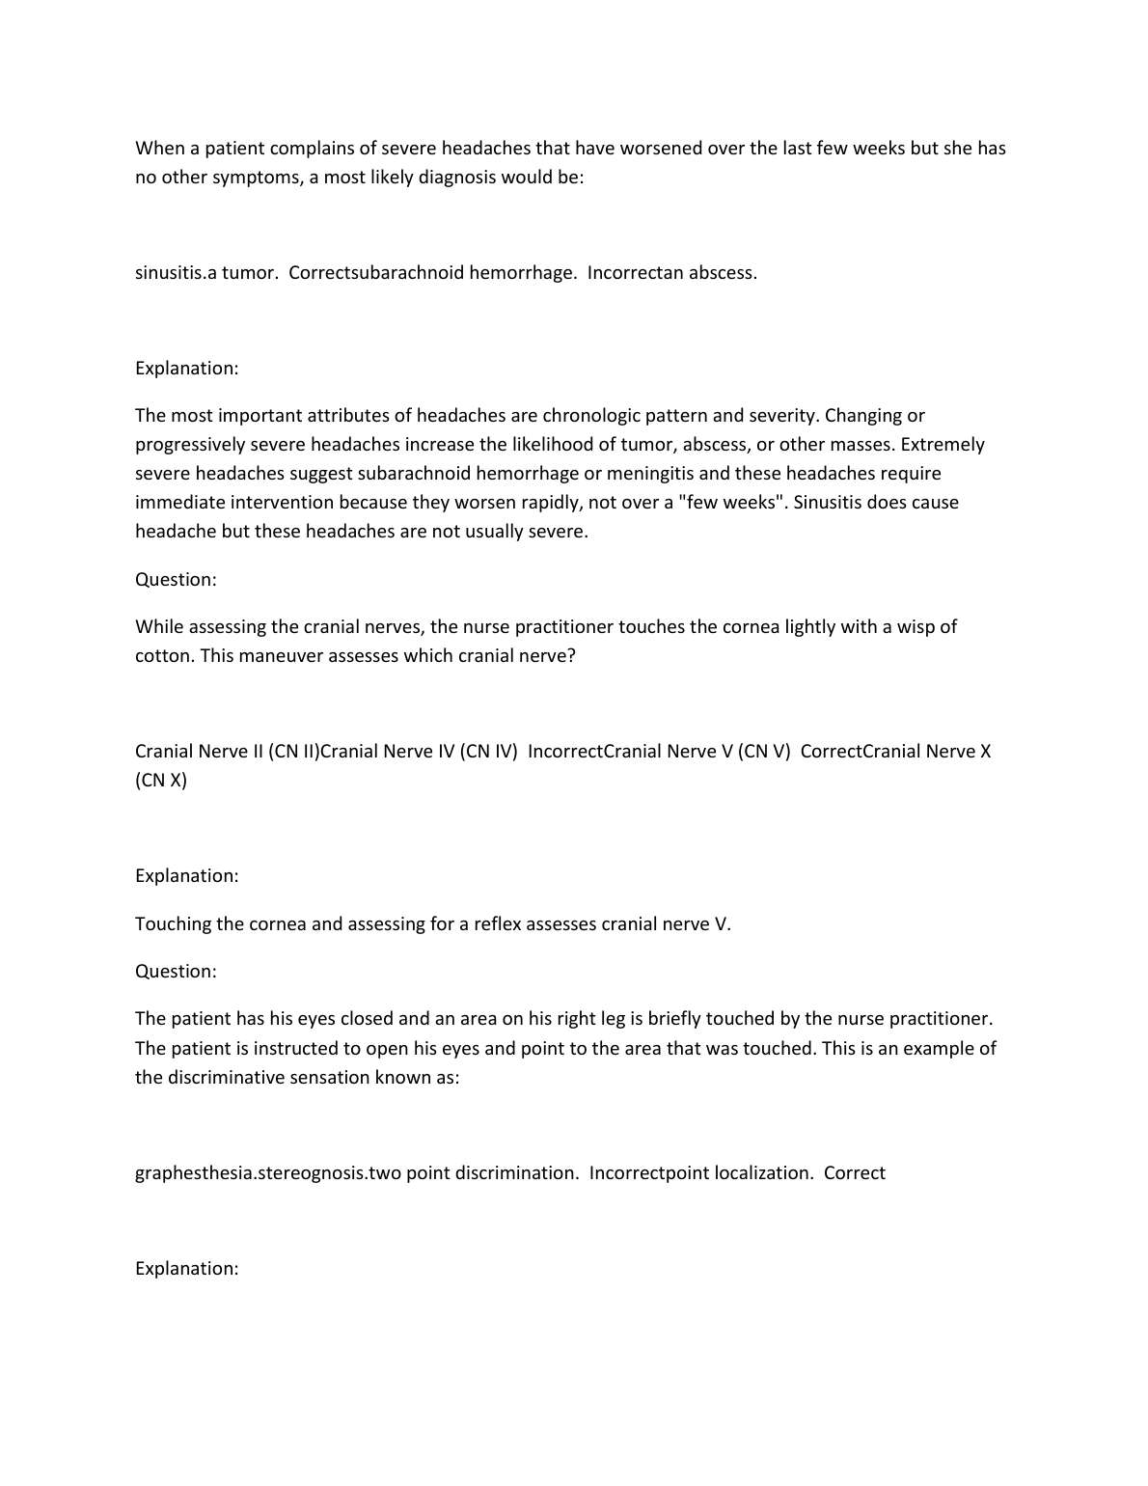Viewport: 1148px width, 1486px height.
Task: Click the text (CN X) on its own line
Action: (161, 781)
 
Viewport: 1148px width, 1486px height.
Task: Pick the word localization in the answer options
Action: (762, 1173)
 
